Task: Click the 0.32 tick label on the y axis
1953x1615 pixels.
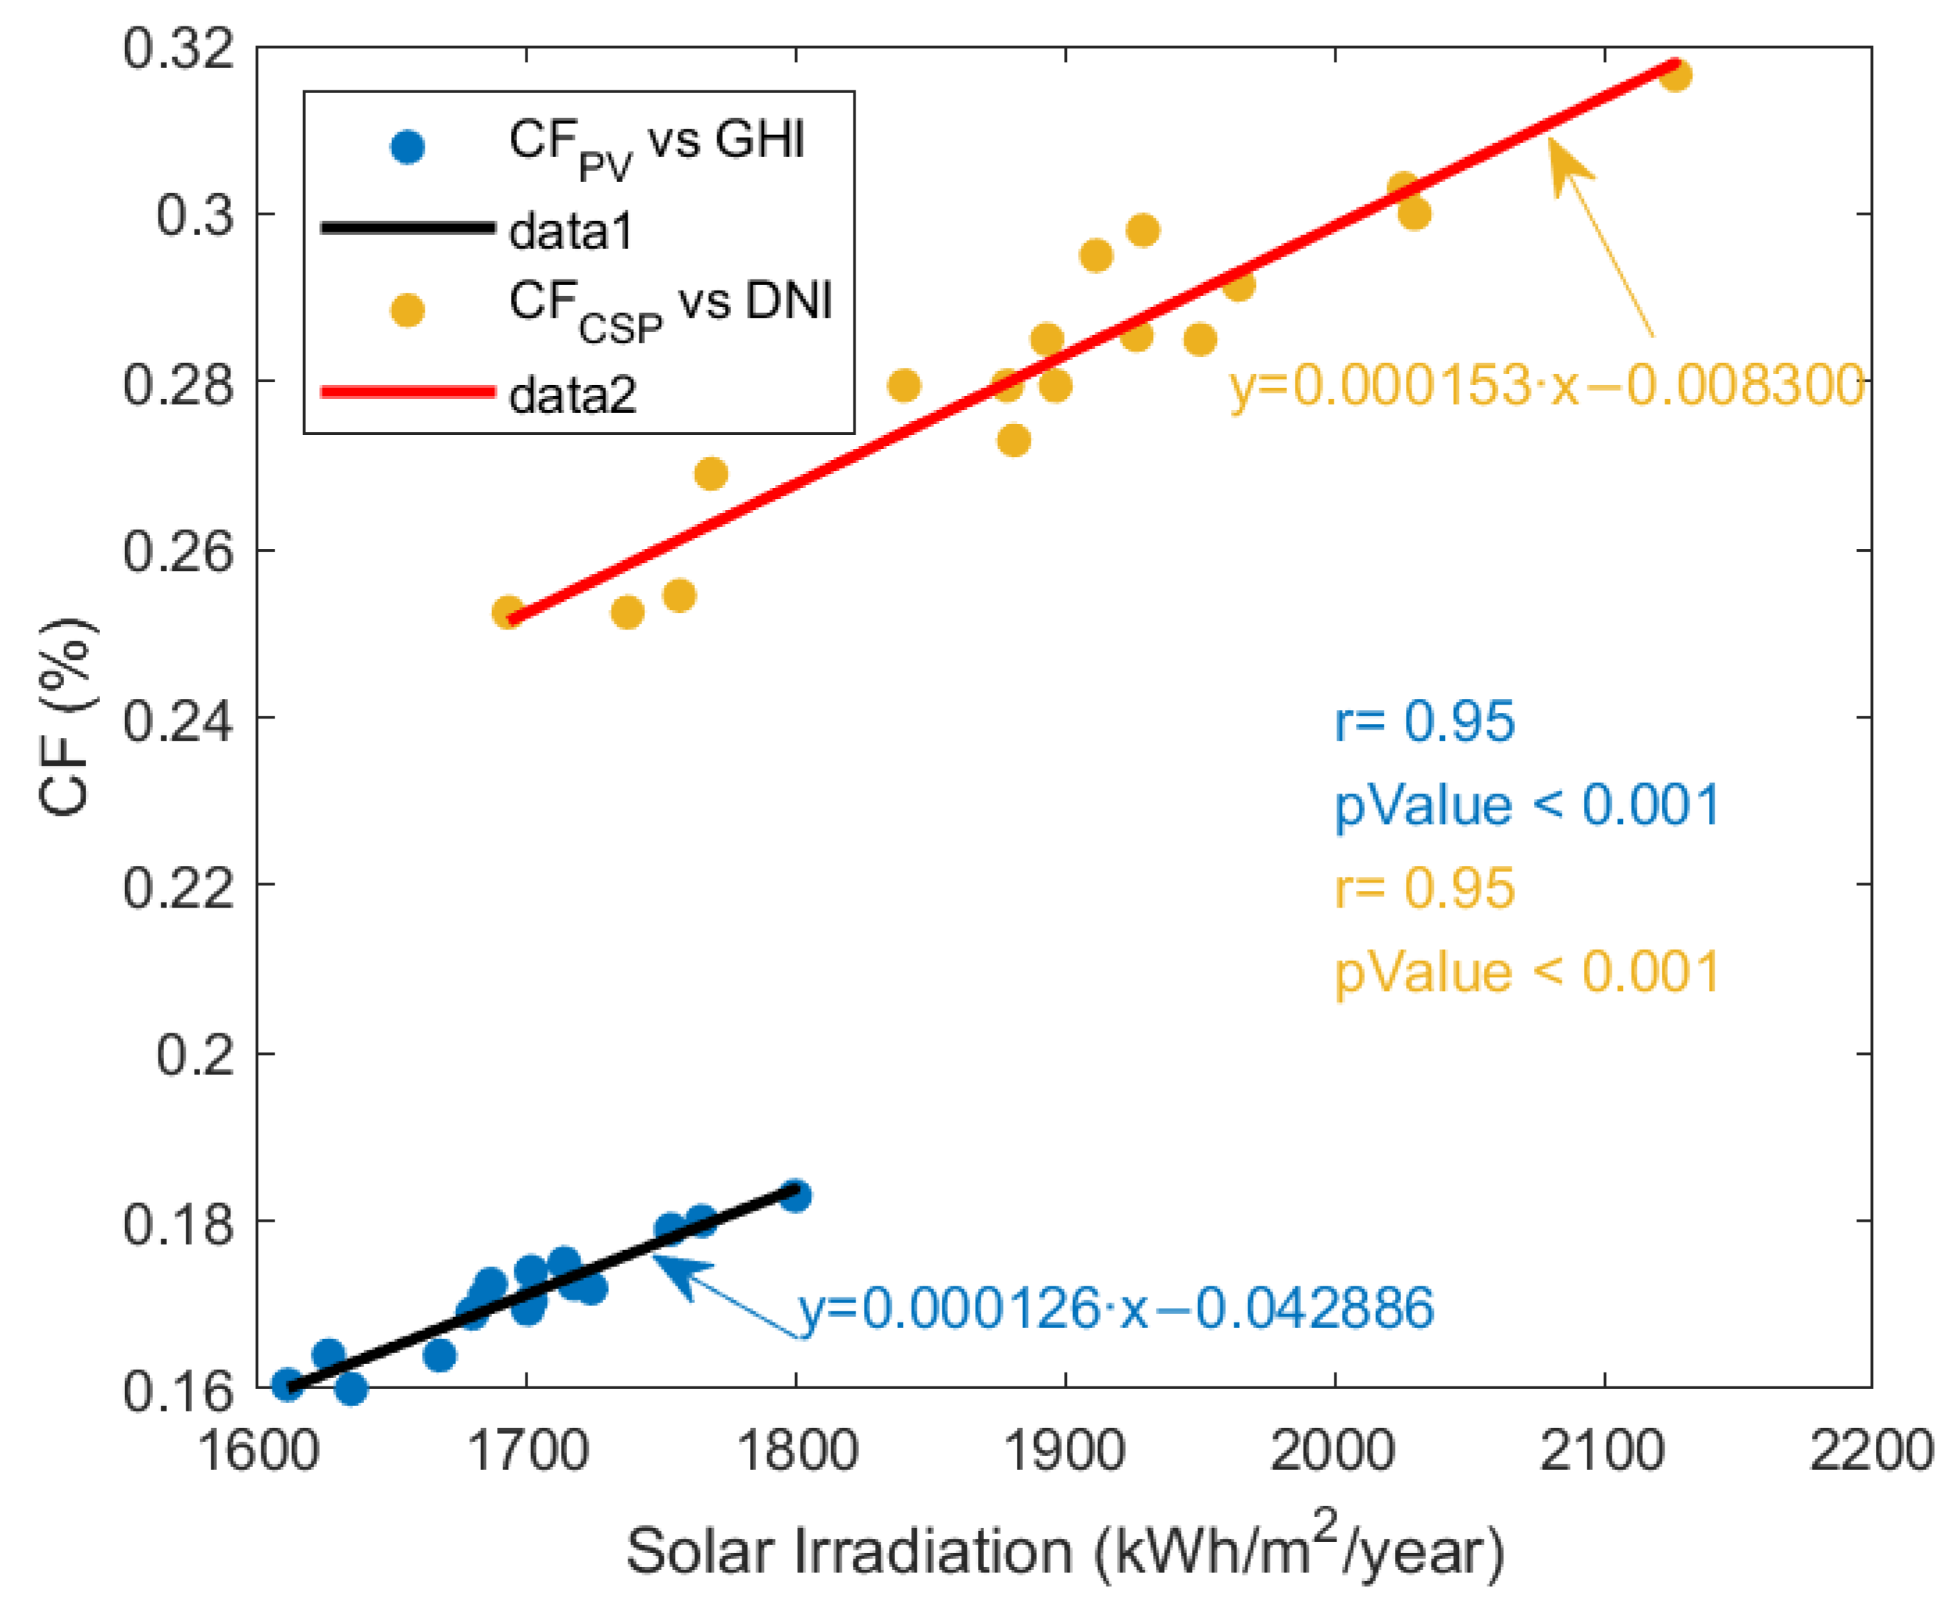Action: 177,49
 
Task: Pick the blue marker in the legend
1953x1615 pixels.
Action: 407,147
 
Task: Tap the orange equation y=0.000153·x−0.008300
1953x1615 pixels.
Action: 1546,384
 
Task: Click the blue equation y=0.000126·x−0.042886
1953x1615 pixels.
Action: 1116,1308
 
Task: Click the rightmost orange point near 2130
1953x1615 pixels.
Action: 1675,75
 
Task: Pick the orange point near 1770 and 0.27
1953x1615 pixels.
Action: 710,474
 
